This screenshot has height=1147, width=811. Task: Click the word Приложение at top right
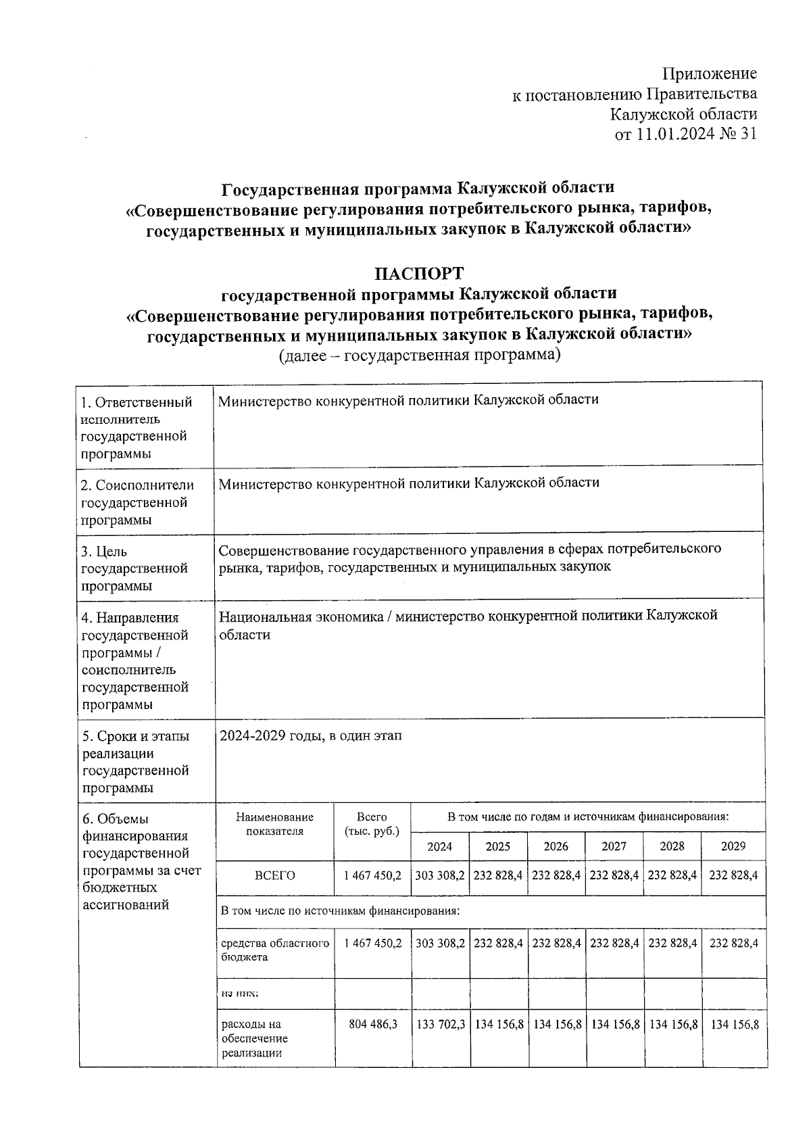(x=709, y=74)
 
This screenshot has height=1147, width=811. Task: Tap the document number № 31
(x=738, y=135)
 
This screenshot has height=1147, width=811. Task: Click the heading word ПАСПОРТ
(x=419, y=274)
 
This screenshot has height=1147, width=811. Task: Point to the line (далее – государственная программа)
(x=420, y=355)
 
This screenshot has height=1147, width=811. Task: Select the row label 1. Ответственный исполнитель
(x=136, y=411)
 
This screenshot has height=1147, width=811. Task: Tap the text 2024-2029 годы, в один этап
(x=311, y=735)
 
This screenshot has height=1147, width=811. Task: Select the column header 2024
(x=439, y=846)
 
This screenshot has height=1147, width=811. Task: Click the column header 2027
(x=614, y=846)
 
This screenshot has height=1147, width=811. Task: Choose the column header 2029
(x=733, y=846)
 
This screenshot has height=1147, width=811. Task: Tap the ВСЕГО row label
(x=275, y=875)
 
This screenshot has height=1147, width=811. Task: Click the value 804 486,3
(x=372, y=1025)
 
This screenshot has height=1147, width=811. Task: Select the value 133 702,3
(x=440, y=1025)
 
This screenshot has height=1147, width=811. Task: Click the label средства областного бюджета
(x=275, y=950)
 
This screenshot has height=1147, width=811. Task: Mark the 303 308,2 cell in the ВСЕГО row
(x=440, y=875)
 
